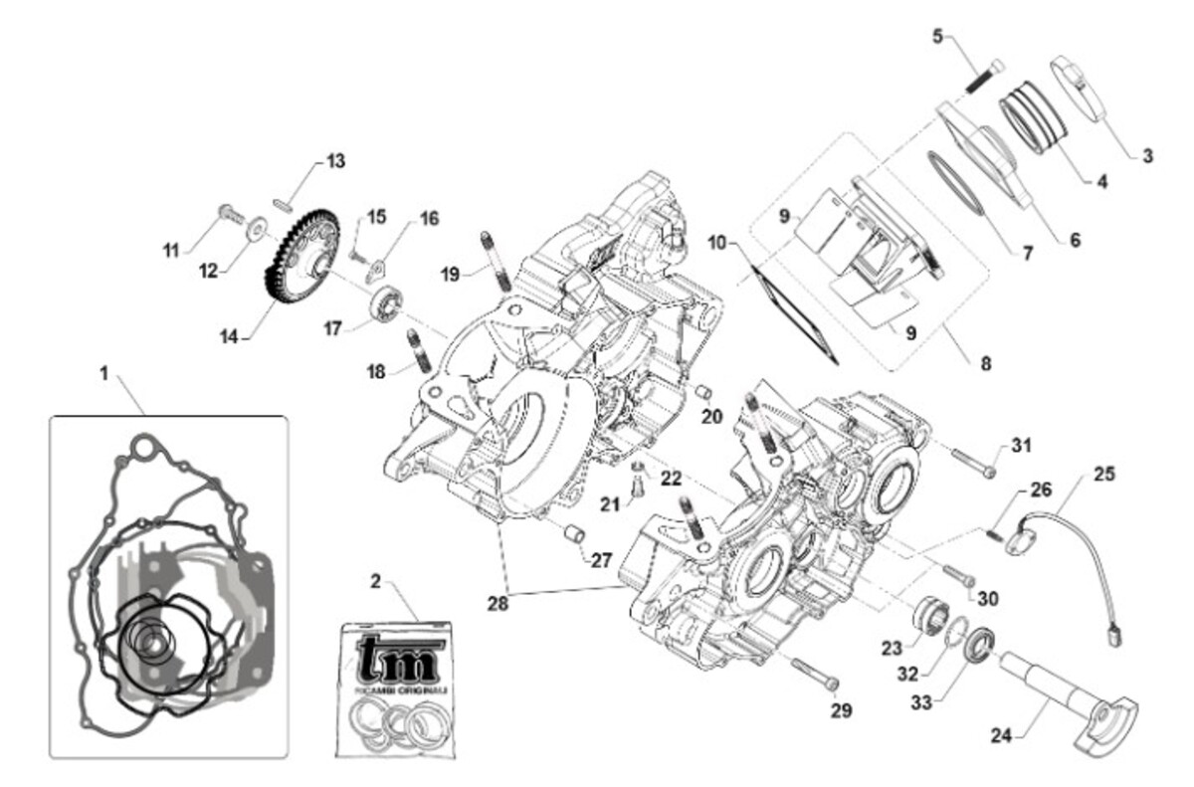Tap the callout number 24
pos(1001,736)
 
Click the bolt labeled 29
pos(816,674)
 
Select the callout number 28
pos(498,603)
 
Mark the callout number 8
pos(985,363)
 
